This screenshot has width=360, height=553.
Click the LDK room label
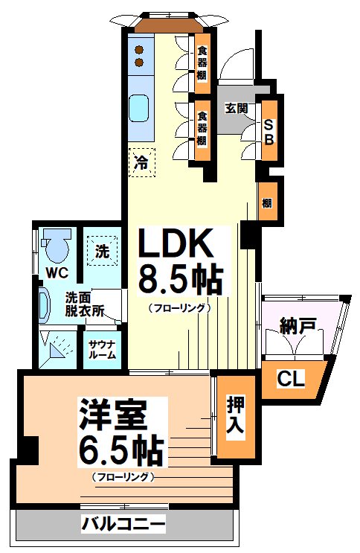178,243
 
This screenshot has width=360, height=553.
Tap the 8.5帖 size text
181,281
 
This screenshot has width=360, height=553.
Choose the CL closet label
291,378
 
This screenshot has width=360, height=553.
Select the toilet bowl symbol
55,243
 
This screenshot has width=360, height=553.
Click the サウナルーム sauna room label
101,348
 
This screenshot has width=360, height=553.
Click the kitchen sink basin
139,109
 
